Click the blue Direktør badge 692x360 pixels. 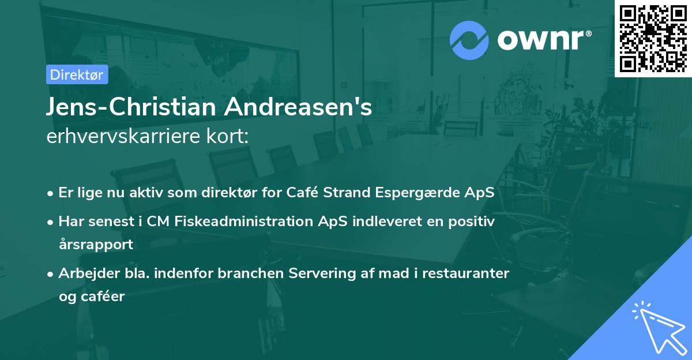coord(77,74)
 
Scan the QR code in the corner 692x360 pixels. coord(653,38)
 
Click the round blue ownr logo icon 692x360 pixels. coord(469,40)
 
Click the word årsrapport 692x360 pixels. coord(96,244)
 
